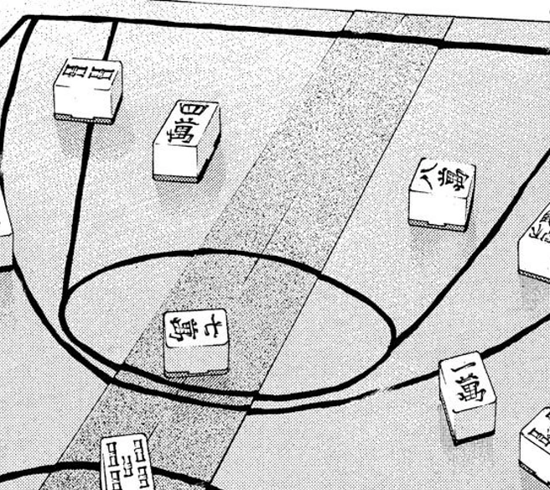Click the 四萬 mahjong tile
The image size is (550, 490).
[185, 138]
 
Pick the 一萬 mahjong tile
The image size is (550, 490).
[467, 395]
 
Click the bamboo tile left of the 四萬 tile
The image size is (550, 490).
[87, 88]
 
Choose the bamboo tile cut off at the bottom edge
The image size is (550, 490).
[125, 463]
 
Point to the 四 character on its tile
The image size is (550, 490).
[190, 111]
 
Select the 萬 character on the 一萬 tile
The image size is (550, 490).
[464, 394]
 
